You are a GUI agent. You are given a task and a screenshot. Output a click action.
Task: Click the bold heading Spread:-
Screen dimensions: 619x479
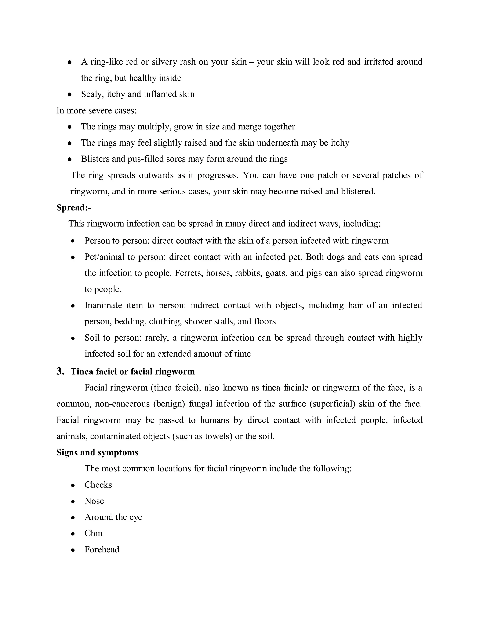pyautogui.click(x=74, y=208)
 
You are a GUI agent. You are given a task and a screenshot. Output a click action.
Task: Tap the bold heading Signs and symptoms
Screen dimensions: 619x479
pyautogui.click(x=97, y=452)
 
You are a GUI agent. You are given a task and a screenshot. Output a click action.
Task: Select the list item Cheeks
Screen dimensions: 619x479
pyautogui.click(x=98, y=485)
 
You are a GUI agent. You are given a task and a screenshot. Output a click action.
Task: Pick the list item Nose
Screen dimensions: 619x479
pyautogui.click(x=94, y=501)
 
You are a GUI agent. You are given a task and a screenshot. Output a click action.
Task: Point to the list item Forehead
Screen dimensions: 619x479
pyautogui.click(x=102, y=550)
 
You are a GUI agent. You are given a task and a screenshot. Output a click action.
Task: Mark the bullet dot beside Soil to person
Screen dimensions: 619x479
pyautogui.click(x=73, y=338)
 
